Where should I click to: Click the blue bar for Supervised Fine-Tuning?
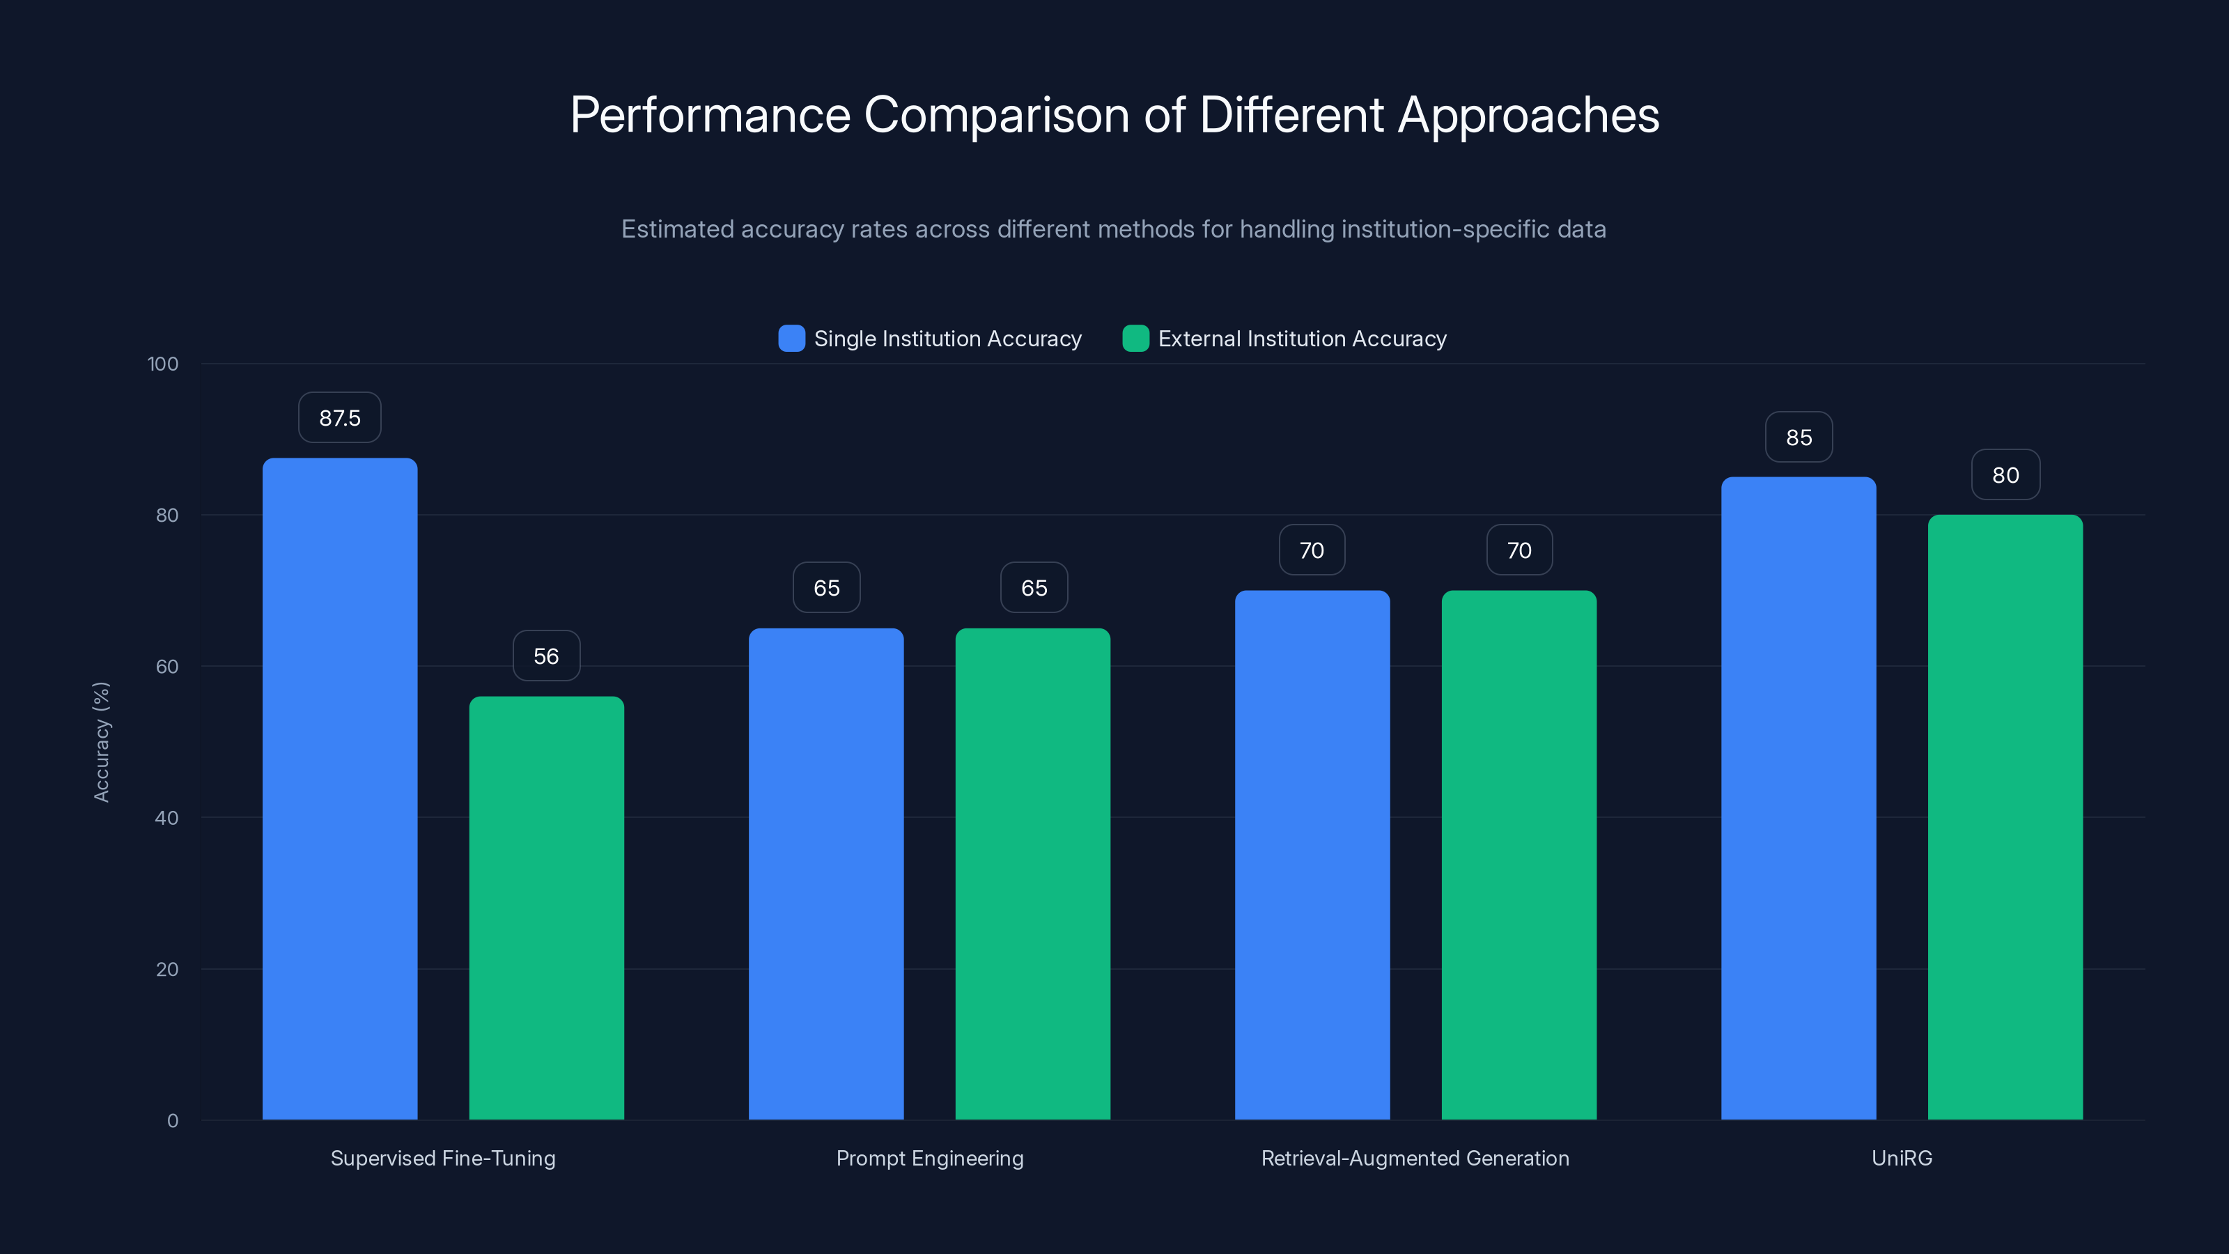coord(339,787)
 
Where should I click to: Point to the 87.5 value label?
coord(339,418)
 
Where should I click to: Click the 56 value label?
coord(546,656)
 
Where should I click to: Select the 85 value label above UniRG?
coord(1799,437)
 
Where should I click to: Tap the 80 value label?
coord(2005,475)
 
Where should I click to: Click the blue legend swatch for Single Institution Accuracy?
coord(791,339)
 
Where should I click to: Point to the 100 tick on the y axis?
coord(163,364)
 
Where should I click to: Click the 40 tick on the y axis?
coord(166,818)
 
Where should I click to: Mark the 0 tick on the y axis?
coord(172,1121)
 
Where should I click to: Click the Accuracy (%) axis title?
coord(101,742)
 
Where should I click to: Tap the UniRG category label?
coord(1901,1158)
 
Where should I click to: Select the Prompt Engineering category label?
coord(929,1158)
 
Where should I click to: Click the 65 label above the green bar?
coord(1033,587)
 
